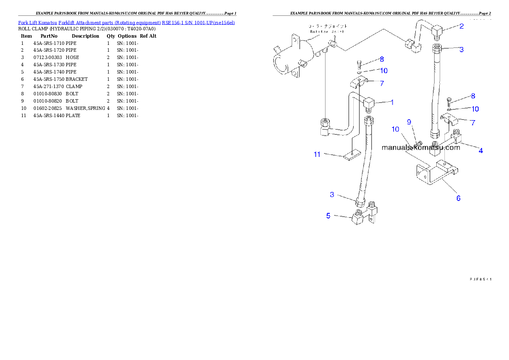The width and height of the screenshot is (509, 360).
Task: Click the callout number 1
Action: pos(392,102)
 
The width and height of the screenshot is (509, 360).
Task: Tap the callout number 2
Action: pos(461,26)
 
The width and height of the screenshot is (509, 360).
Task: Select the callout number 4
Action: pos(481,150)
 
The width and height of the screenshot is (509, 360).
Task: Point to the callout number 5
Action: pos(328,215)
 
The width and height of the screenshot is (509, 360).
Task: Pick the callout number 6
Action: pos(458,198)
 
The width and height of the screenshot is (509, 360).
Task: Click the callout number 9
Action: pos(409,122)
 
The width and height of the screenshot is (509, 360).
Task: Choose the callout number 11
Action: pos(317,154)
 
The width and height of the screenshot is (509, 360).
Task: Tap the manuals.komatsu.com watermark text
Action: pos(420,148)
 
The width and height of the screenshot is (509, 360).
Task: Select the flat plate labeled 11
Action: pos(352,155)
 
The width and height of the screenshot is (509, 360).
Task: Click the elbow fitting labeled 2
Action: pos(436,31)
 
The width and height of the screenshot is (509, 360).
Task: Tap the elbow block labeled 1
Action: pos(368,103)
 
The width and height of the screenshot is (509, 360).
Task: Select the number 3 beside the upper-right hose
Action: pos(461,50)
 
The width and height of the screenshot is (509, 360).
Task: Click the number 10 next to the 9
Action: pos(395,129)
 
